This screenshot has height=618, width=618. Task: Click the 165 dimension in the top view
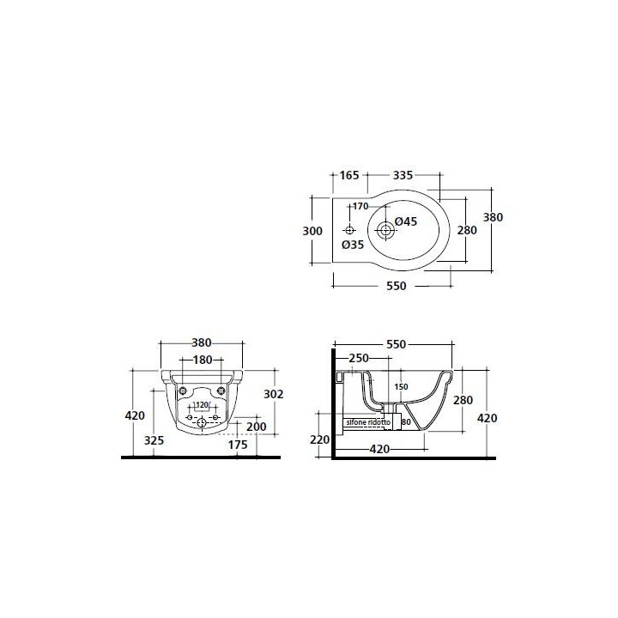click(x=349, y=175)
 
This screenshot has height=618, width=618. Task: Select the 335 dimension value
click(x=403, y=175)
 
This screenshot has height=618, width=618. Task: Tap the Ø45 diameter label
click(x=405, y=221)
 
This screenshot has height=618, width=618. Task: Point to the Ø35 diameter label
click(x=353, y=245)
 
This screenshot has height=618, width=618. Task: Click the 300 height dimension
click(x=312, y=231)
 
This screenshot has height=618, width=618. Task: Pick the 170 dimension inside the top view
click(x=360, y=206)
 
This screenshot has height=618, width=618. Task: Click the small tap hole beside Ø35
click(x=349, y=230)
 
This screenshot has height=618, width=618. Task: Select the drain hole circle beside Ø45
click(x=385, y=230)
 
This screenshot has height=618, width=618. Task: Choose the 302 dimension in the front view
click(x=274, y=394)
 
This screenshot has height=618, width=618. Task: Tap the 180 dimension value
click(x=202, y=360)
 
